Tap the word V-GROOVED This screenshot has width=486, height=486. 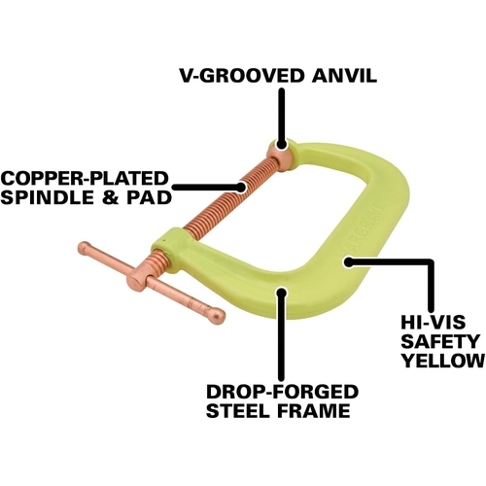click(x=241, y=76)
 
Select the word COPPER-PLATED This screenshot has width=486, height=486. click(x=86, y=178)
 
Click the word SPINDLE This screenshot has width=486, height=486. click(x=50, y=197)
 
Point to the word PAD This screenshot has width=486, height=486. click(x=149, y=197)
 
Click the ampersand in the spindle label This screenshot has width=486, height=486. click(x=112, y=197)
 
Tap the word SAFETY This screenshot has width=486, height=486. click(x=440, y=341)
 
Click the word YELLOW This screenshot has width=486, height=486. click(x=443, y=360)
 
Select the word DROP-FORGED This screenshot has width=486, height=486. click(x=282, y=392)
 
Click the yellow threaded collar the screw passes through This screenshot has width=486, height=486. click(x=168, y=250)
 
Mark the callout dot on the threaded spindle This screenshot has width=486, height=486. click(x=241, y=188)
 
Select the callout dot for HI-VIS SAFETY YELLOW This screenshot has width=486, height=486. click(x=348, y=261)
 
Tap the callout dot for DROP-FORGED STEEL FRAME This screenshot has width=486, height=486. click(x=282, y=292)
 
